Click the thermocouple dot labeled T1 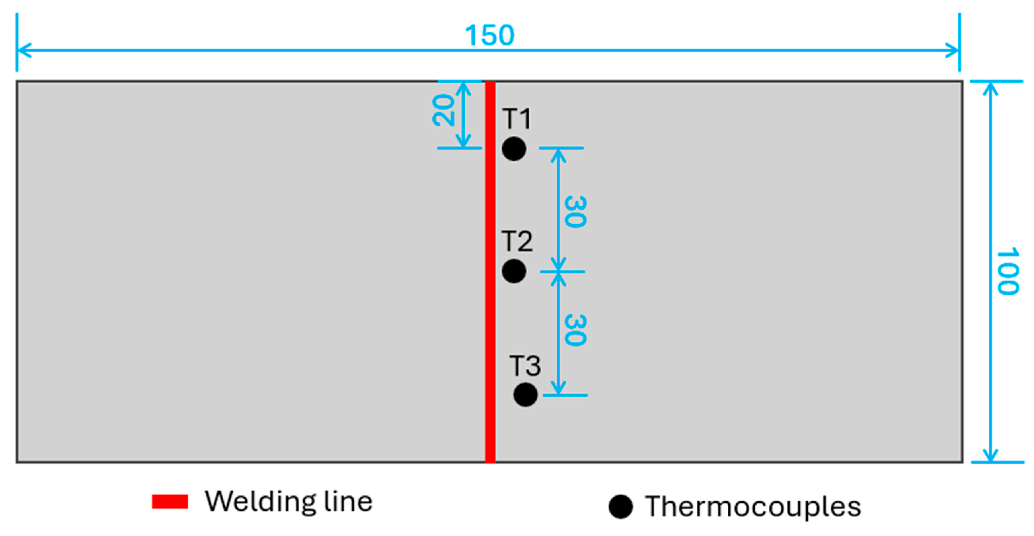pos(514,149)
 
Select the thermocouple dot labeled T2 pos(514,271)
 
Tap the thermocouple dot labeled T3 pos(526,395)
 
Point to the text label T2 pos(517,241)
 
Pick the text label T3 pos(525,366)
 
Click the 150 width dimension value pos(489,35)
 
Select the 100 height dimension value pos(1008,271)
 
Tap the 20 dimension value pos(444,111)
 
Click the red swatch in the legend pos(170,501)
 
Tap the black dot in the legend pos(620,507)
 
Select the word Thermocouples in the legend pos(753,507)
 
